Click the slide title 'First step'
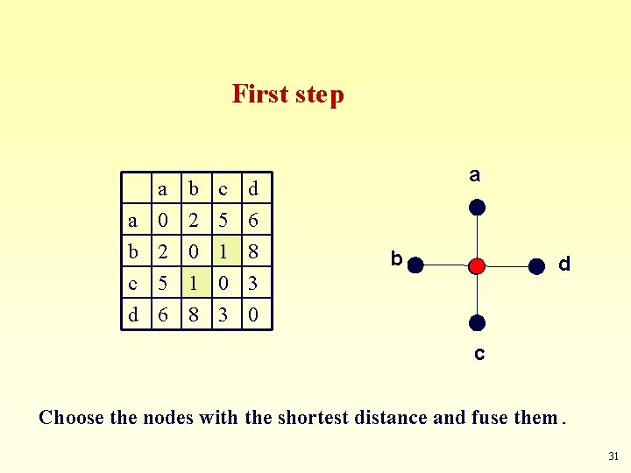tap(287, 94)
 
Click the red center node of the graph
tap(476, 265)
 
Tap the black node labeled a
tap(476, 208)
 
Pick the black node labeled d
tap(535, 265)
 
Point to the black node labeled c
tap(476, 323)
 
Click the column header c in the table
tap(223, 188)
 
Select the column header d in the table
tap(253, 188)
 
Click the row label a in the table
tap(133, 220)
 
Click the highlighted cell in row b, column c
tap(223, 251)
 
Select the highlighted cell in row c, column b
tap(194, 283)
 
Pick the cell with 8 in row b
tap(253, 251)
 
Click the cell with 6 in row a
tap(253, 220)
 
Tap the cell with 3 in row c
tap(253, 283)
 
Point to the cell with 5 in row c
tap(163, 283)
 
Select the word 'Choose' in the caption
tap(72, 417)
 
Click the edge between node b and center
tap(445, 265)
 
